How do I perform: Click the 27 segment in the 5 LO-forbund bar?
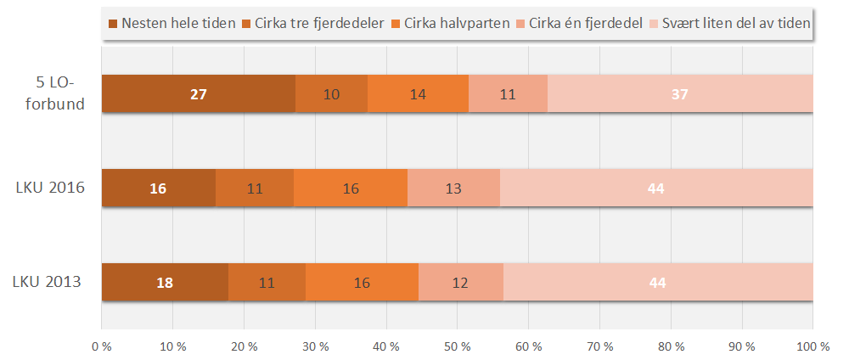click(x=198, y=94)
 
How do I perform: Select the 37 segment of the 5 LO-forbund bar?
click(x=680, y=94)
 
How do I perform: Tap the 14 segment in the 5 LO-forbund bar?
click(x=418, y=94)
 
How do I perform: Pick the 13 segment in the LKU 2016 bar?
click(x=453, y=188)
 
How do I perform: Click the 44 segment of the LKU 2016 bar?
click(x=655, y=188)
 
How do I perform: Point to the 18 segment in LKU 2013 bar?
click(x=165, y=283)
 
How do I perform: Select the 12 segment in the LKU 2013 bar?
click(x=461, y=283)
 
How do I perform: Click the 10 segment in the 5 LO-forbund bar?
click(x=332, y=94)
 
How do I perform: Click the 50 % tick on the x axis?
click(x=457, y=346)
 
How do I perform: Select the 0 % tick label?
click(x=102, y=346)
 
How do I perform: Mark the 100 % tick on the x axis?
click(x=812, y=346)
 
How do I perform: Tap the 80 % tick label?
click(x=671, y=346)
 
